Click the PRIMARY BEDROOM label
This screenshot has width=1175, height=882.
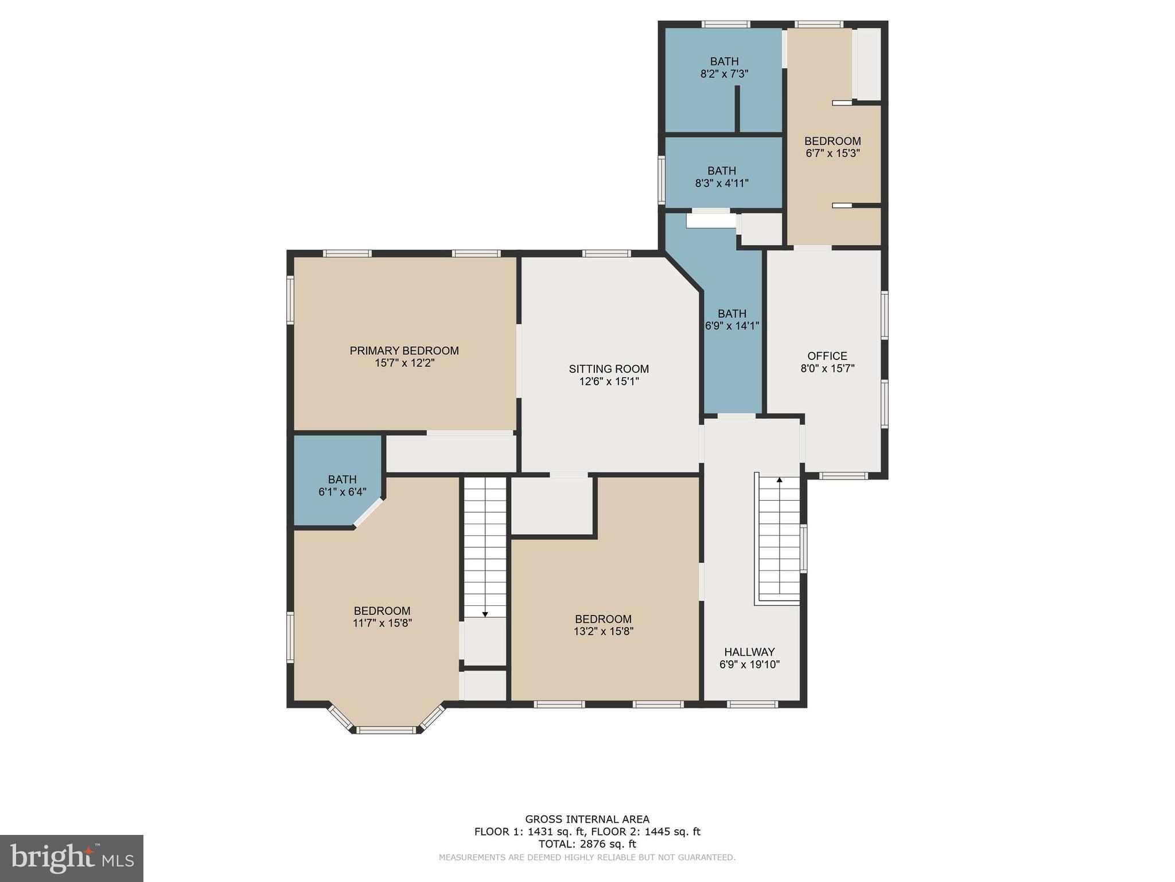(404, 350)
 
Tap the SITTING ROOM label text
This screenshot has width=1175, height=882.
(609, 369)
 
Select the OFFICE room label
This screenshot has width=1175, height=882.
(827, 355)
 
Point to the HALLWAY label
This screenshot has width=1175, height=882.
(749, 652)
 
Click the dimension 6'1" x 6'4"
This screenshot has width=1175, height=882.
(342, 492)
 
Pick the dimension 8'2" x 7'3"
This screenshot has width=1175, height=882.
(724, 74)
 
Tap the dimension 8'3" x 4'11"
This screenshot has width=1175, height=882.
(722, 184)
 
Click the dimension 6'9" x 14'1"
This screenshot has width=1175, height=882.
(732, 326)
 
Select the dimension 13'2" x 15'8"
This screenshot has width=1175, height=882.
(603, 631)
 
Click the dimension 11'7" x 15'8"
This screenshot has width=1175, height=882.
(382, 623)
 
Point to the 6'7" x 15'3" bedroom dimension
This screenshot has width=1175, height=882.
(832, 153)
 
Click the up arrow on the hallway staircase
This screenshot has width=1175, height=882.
(779, 479)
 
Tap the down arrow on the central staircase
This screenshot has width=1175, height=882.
(485, 614)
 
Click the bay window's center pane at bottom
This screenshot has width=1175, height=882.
(386, 730)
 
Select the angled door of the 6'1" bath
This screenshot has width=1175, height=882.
(368, 512)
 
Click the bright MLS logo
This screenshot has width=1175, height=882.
(72, 858)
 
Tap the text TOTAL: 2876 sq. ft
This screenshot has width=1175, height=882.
(587, 844)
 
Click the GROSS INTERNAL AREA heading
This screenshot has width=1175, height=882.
(587, 819)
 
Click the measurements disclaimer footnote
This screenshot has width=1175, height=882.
(587, 857)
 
